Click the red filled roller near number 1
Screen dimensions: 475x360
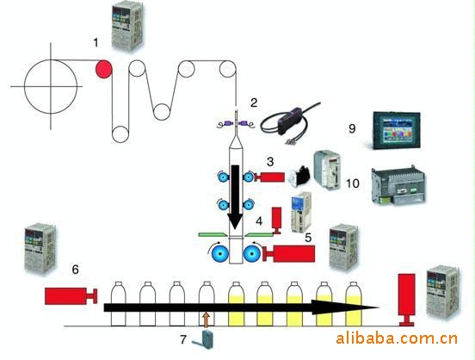coord(104,69)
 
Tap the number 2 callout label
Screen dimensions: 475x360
coord(254,102)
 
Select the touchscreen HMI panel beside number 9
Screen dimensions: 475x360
coord(397,130)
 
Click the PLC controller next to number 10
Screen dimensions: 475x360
coord(398,185)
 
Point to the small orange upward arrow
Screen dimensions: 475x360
coord(207,320)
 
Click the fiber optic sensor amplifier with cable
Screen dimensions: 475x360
coord(289,122)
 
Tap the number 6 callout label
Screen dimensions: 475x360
coord(75,269)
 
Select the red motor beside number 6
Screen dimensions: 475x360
coord(71,295)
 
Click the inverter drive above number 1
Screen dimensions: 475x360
coord(126,27)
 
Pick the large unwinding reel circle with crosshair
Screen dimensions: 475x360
coord(51,87)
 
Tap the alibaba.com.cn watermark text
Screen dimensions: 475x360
coord(397,338)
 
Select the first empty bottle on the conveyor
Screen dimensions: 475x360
coord(118,304)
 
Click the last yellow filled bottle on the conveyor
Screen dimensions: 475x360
coord(354,304)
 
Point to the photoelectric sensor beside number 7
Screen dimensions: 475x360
coord(203,339)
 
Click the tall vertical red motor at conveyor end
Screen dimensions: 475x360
coord(406,300)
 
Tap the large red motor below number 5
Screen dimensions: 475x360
coord(289,253)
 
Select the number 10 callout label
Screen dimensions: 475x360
coord(353,183)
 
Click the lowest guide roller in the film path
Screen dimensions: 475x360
coord(120,134)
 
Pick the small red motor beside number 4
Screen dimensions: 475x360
coord(276,220)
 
